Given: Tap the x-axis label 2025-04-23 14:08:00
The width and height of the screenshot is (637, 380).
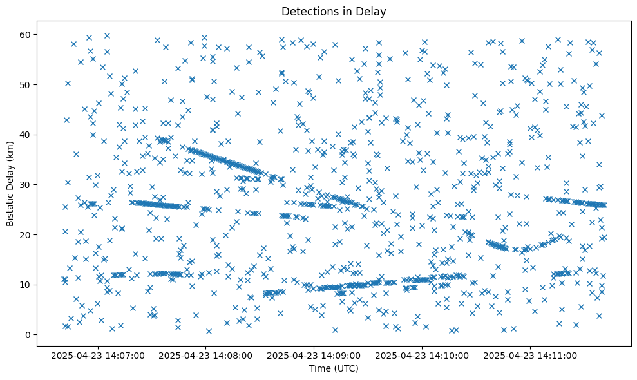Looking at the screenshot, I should click(x=207, y=355).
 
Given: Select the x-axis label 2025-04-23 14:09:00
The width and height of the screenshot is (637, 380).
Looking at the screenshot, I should click(x=314, y=355).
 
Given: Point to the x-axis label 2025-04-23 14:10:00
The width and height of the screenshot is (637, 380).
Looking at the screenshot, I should click(x=423, y=355).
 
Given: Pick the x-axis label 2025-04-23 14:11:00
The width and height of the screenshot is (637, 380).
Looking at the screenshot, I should click(x=531, y=355).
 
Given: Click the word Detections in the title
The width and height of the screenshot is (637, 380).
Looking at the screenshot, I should click(x=307, y=11).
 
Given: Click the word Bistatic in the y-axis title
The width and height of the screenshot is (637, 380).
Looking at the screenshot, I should click(x=10, y=209).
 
